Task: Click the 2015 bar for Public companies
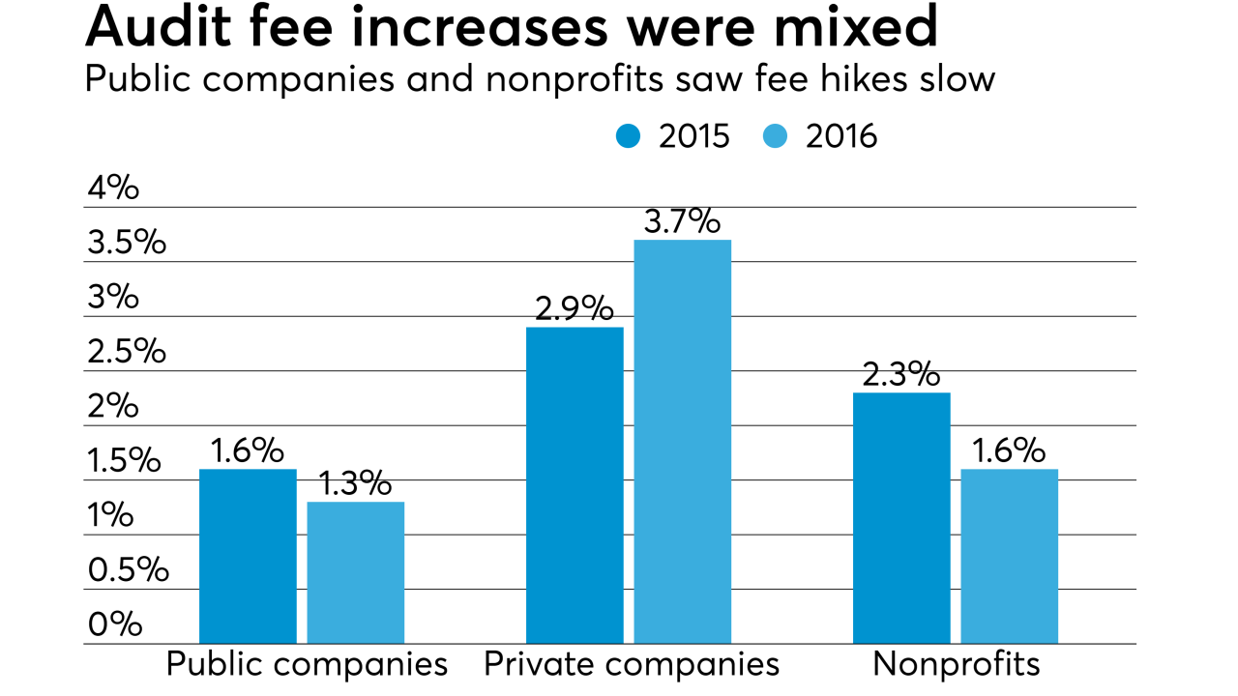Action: (x=248, y=557)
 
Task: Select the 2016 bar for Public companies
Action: (x=355, y=573)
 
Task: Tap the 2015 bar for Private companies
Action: (x=575, y=485)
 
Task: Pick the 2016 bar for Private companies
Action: (x=682, y=442)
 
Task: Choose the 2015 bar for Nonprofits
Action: (x=901, y=518)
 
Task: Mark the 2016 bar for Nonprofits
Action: (x=1009, y=557)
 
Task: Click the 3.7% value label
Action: (x=682, y=222)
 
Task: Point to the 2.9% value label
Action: (x=575, y=309)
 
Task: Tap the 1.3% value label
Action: (x=355, y=483)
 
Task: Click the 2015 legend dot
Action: (x=628, y=136)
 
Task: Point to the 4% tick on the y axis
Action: (x=113, y=188)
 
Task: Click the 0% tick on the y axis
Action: (x=115, y=624)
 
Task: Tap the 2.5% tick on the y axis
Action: (x=127, y=352)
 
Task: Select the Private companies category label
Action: (x=632, y=665)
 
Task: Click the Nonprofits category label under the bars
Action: (x=957, y=665)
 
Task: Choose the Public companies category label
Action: (x=308, y=665)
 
